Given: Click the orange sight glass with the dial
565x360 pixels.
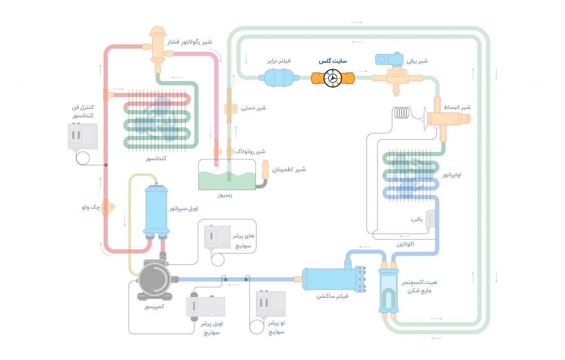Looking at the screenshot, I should click(333, 78).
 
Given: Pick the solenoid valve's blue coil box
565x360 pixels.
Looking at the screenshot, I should click(390, 59).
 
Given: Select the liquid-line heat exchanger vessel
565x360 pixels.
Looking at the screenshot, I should click(388, 291).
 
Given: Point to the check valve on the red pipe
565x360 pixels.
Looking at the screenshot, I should click(107, 207).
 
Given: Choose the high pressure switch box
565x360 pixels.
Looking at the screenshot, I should click(217, 237).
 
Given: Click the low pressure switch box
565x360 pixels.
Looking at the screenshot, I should click(270, 304).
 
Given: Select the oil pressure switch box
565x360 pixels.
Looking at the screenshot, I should click(206, 309).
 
